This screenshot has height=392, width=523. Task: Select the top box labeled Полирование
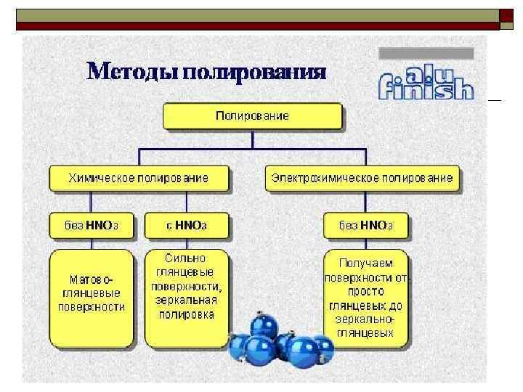[x=252, y=116]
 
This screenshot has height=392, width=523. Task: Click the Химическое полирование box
[x=139, y=178]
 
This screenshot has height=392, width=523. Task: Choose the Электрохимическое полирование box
[x=362, y=178]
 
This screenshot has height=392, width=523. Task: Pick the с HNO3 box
[x=187, y=226]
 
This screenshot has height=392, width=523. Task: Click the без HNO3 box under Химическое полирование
[x=92, y=226]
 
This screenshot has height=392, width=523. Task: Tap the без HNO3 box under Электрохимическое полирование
[x=366, y=226]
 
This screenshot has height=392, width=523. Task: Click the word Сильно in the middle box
[x=186, y=258]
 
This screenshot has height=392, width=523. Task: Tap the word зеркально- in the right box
[x=366, y=319]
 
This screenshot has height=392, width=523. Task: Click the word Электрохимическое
[x=325, y=178]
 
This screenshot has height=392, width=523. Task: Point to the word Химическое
[x=100, y=178]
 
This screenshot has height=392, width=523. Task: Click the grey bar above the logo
[x=427, y=53]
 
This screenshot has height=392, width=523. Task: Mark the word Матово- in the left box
[x=92, y=278]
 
